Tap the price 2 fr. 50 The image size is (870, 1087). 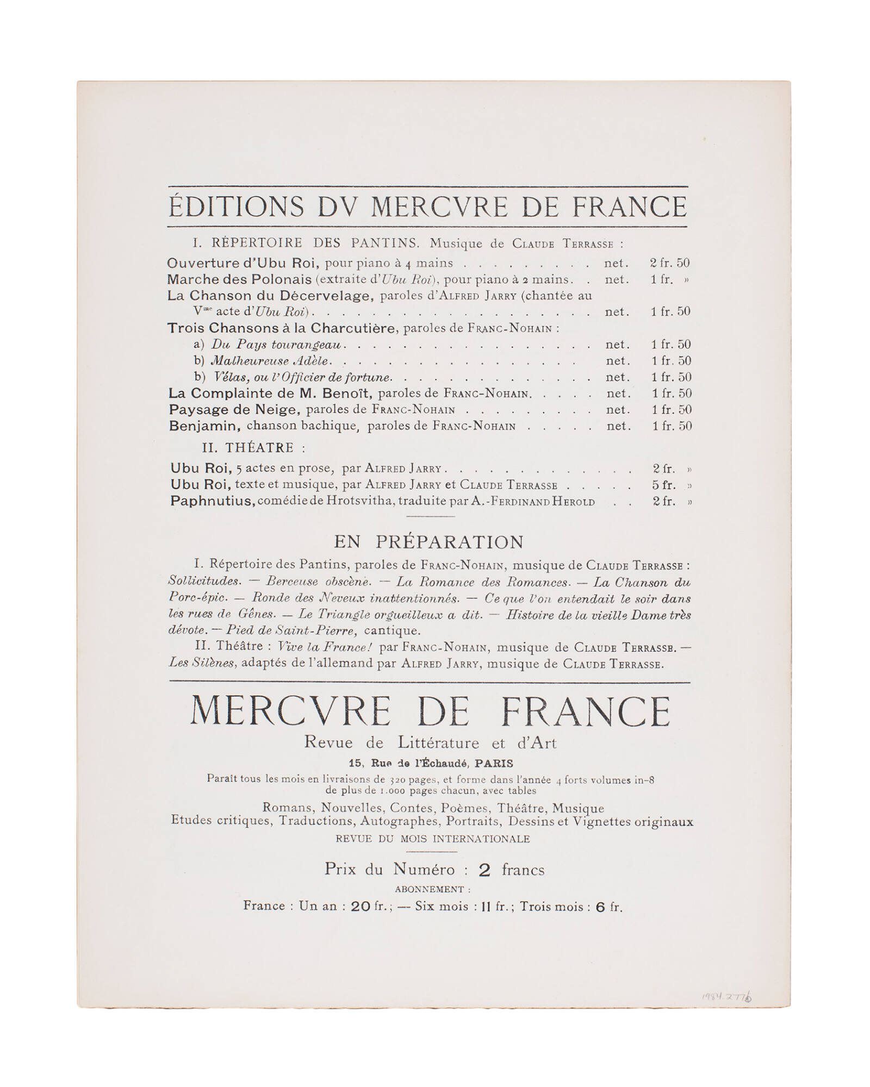point(669,263)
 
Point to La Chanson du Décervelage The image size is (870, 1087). point(270,296)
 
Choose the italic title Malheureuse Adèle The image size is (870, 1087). point(270,361)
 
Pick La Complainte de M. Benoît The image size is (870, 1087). point(270,393)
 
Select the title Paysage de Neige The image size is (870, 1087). point(234,410)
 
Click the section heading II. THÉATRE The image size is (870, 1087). point(253,448)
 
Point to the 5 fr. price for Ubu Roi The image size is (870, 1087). point(664,485)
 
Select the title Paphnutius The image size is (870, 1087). point(212,501)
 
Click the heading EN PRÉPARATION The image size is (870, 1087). point(428,542)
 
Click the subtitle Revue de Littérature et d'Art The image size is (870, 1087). point(430,743)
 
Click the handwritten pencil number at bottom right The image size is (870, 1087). point(727,997)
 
